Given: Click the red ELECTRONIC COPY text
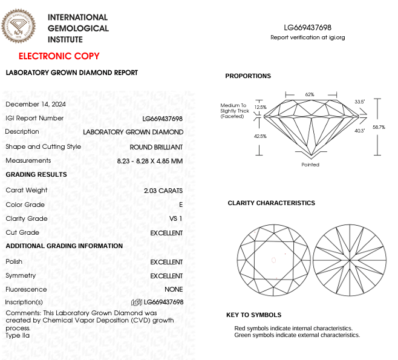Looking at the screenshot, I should pyautogui.click(x=59, y=56).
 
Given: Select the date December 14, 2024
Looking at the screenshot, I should pyautogui.click(x=36, y=104).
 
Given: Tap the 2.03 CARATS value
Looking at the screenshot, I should pyautogui.click(x=163, y=191).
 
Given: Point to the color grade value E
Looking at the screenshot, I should pyautogui.click(x=181, y=205).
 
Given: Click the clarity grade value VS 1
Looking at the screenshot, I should pyautogui.click(x=176, y=218).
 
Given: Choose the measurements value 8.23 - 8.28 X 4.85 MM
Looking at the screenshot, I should pyautogui.click(x=150, y=161).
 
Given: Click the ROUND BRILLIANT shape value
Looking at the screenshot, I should pyautogui.click(x=156, y=147).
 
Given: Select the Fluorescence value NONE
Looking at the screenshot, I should pyautogui.click(x=174, y=289).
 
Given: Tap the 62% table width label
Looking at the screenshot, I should pyautogui.click(x=310, y=94).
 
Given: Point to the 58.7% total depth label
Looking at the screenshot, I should pyautogui.click(x=379, y=127).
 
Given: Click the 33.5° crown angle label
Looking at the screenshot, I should pyautogui.click(x=360, y=102).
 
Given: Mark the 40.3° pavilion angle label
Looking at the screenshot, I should pyautogui.click(x=360, y=131).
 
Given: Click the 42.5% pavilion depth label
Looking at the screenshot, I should pyautogui.click(x=260, y=136).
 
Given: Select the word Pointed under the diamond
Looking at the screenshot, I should pyautogui.click(x=310, y=165).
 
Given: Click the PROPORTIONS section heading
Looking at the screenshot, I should pyautogui.click(x=248, y=76).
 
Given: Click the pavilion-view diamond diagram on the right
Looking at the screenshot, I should pyautogui.click(x=350, y=260).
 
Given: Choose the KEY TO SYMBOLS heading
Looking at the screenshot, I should pyautogui.click(x=253, y=315).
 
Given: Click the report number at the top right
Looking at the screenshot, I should pyautogui.click(x=308, y=28).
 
